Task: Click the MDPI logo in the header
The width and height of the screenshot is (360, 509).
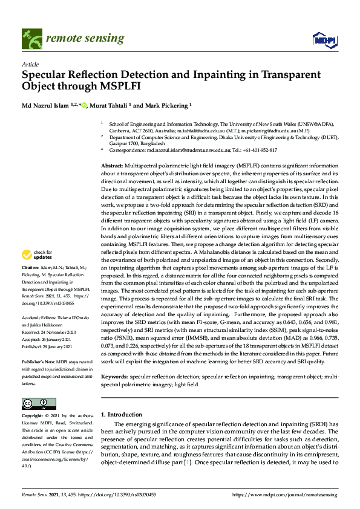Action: (x=324, y=39)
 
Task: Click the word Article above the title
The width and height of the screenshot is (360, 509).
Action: (x=30, y=63)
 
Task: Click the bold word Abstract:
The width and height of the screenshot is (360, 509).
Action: (x=113, y=164)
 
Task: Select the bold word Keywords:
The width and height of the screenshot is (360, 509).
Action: (x=115, y=376)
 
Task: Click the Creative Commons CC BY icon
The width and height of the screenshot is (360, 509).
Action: (x=35, y=403)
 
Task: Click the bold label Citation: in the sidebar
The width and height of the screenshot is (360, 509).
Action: (x=30, y=283)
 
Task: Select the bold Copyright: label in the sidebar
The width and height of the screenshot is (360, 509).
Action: (x=33, y=417)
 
